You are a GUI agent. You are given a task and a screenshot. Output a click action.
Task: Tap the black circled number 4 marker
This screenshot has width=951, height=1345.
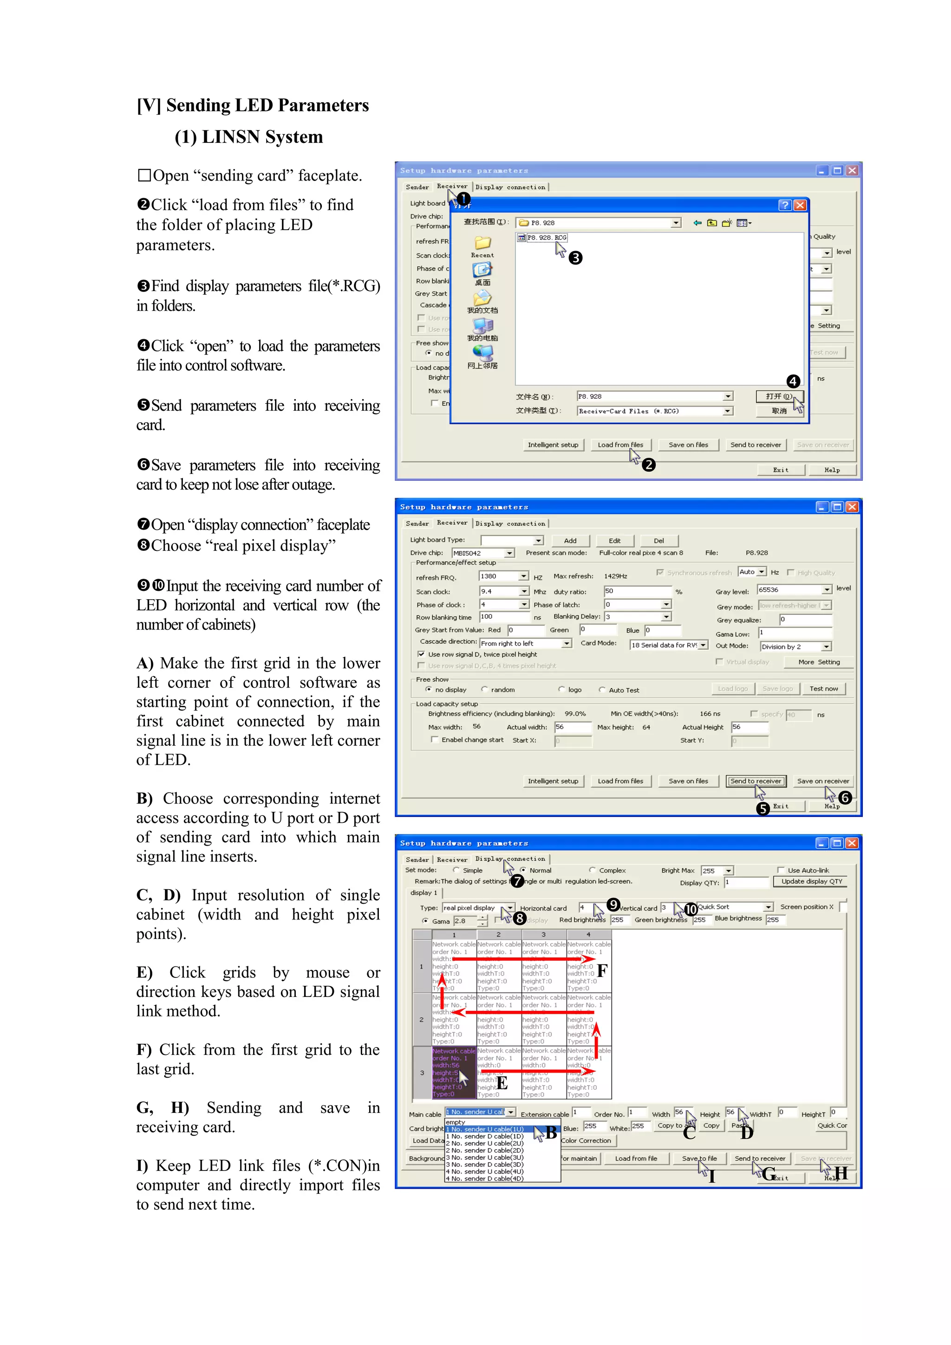pyautogui.click(x=793, y=382)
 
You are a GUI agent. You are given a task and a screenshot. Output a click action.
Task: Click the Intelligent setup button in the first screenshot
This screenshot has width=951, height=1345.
pyautogui.click(x=553, y=445)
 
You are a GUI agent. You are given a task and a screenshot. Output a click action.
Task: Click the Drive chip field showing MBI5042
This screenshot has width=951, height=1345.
pyautogui.click(x=483, y=553)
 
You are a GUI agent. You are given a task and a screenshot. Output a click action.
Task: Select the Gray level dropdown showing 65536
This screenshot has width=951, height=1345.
pyautogui.click(x=794, y=590)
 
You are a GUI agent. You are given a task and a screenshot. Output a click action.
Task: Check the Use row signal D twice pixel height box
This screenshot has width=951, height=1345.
pyautogui.click(x=421, y=654)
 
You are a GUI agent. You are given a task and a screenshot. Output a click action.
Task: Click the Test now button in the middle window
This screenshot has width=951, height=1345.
pyautogui.click(x=823, y=689)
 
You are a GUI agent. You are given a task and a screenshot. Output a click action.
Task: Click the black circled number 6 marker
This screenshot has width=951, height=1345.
pyautogui.click(x=844, y=797)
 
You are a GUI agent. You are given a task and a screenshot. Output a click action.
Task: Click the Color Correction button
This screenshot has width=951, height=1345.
pyautogui.click(x=586, y=1140)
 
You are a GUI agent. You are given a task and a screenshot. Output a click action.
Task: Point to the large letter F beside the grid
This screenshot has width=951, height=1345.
pyautogui.click(x=602, y=971)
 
